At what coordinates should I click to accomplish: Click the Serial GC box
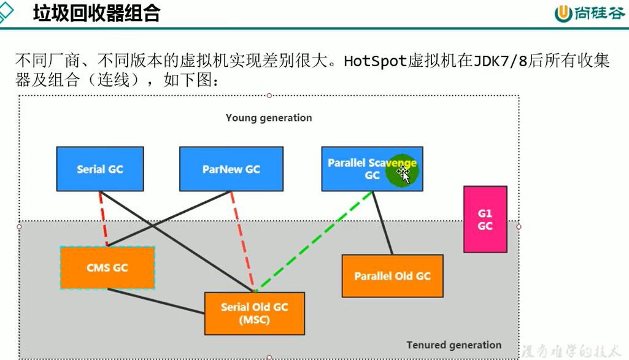coord(99,169)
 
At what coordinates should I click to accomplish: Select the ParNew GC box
coord(231,169)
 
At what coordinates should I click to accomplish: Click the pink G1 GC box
coord(485,219)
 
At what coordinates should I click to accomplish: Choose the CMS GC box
coord(107,267)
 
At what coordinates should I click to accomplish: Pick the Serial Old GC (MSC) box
coord(254,313)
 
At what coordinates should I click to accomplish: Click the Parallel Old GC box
coord(392,276)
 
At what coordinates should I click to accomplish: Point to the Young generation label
coord(269,118)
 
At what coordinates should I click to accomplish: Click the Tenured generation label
coord(453,345)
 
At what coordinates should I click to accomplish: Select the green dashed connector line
coord(313,240)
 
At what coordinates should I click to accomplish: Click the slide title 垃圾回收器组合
coord(96,13)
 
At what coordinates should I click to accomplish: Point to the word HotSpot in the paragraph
coord(375,62)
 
